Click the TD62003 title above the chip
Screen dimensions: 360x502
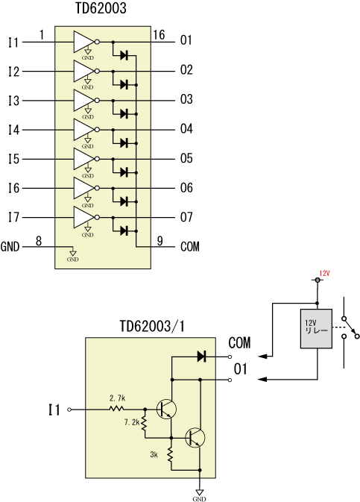coord(101,8)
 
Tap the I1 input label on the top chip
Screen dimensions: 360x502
coord(13,43)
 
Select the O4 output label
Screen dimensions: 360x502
coord(186,129)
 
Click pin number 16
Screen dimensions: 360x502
coord(159,34)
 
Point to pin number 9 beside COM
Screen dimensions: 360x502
coord(160,240)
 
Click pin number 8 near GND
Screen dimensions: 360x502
coord(39,240)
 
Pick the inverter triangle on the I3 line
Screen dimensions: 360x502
coord(84,101)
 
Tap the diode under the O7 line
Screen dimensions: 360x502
coord(124,230)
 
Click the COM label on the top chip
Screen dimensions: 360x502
coord(190,247)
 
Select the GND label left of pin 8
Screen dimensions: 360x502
coord(10,247)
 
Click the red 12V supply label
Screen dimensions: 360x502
coord(324,274)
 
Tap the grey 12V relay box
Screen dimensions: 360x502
coord(316,329)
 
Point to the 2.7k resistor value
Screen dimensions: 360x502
coord(118,398)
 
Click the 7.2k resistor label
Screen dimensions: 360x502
coord(132,423)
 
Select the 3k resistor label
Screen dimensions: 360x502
coord(154,454)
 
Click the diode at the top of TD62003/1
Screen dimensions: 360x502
coord(201,357)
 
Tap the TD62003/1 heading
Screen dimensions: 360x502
coord(152,326)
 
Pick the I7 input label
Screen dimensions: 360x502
coord(13,218)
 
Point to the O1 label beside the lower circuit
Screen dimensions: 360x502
coord(240,369)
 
